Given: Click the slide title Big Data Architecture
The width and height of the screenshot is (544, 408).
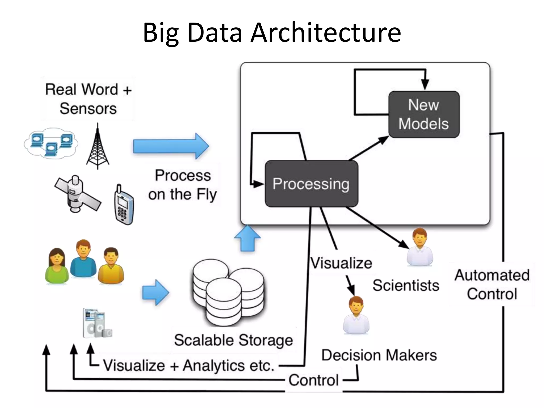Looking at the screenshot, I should [272, 32].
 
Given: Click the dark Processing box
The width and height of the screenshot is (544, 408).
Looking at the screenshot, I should [311, 184].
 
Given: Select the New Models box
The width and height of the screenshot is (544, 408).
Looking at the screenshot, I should [424, 114].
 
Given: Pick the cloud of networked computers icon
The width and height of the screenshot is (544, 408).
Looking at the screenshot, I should [51, 143].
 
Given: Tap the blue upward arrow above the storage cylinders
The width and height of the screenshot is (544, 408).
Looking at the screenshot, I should [247, 238].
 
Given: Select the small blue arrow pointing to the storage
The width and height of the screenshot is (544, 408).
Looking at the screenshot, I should [155, 292].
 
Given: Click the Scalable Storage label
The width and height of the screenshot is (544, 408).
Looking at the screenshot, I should [233, 340].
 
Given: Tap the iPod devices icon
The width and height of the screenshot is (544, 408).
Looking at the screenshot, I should [97, 323].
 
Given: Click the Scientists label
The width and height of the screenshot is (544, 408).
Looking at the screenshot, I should [406, 286].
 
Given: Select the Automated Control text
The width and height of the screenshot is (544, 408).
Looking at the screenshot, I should [492, 284].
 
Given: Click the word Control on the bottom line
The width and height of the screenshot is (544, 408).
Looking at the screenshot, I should [313, 380].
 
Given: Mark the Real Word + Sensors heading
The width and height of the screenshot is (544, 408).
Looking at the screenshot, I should [88, 99].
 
